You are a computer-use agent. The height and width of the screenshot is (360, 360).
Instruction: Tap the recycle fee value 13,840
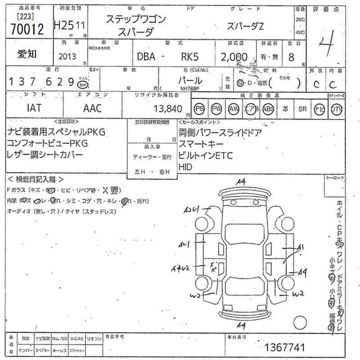tap(167, 108)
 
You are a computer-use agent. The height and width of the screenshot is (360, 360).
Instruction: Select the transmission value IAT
tap(34, 108)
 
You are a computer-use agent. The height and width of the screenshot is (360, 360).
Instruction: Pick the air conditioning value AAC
tap(93, 108)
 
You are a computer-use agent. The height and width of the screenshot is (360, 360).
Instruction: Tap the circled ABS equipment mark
tap(268, 108)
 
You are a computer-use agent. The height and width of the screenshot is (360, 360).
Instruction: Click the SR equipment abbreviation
tap(302, 109)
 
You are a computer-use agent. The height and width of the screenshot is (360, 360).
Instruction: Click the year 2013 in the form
tap(67, 57)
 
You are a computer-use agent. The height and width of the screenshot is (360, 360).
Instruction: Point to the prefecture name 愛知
tap(27, 54)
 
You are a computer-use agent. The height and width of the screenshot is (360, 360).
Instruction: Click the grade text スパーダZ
tap(245, 27)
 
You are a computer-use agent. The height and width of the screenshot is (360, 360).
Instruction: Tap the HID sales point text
tap(185, 166)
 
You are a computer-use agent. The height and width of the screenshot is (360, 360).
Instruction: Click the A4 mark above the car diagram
tap(241, 181)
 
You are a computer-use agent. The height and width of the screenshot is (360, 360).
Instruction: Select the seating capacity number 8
tap(291, 57)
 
